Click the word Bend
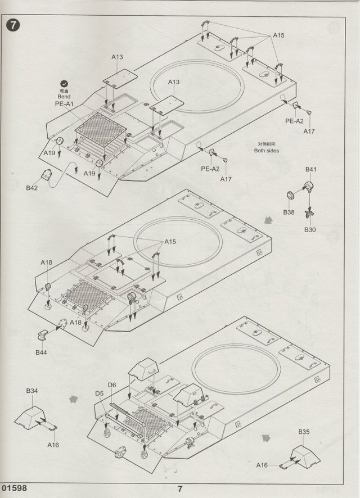point(64,97)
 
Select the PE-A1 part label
point(64,104)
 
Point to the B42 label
point(31,188)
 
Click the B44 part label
point(41,352)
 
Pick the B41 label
point(311,169)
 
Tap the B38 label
point(289,212)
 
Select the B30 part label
point(310,230)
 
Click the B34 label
point(31,391)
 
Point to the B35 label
point(304,432)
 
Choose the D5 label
point(99,393)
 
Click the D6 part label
point(112,385)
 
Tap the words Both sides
point(266,151)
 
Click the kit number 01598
point(14,488)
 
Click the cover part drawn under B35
point(304,456)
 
